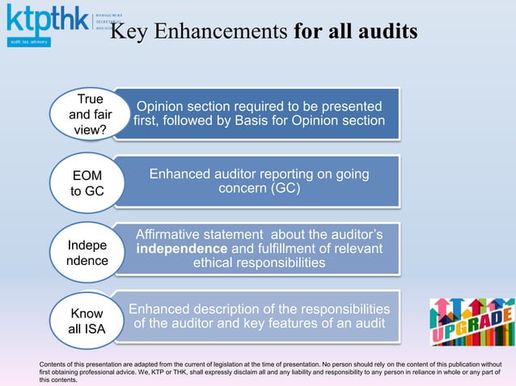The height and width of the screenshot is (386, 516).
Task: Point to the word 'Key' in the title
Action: [126, 32]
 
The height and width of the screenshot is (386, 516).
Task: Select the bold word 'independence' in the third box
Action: [180, 249]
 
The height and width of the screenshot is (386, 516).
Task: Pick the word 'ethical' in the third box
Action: [218, 263]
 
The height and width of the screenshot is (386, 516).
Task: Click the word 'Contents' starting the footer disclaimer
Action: [53, 365]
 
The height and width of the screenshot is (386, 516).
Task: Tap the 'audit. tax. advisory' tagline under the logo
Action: [29, 40]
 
